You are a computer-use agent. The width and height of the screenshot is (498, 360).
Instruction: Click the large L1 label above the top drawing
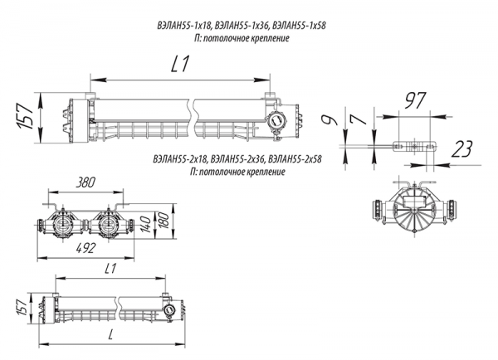point(180,64)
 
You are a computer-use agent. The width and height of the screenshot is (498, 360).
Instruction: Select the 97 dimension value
point(414,100)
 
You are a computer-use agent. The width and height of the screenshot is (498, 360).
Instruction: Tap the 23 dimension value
point(461,149)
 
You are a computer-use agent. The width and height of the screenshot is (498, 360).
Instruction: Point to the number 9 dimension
point(329,119)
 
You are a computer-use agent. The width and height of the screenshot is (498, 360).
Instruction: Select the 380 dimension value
point(85,182)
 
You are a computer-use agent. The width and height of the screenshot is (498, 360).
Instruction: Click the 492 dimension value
point(85,248)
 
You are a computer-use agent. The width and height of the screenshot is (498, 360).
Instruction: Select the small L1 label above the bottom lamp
point(110,269)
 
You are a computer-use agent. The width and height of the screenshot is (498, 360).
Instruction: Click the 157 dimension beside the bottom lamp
point(22,307)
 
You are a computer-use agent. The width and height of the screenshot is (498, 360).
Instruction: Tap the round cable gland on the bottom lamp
point(168,309)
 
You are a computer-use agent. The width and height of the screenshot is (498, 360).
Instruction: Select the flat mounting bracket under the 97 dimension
point(414,146)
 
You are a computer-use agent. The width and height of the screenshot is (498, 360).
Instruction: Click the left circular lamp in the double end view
point(62,225)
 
